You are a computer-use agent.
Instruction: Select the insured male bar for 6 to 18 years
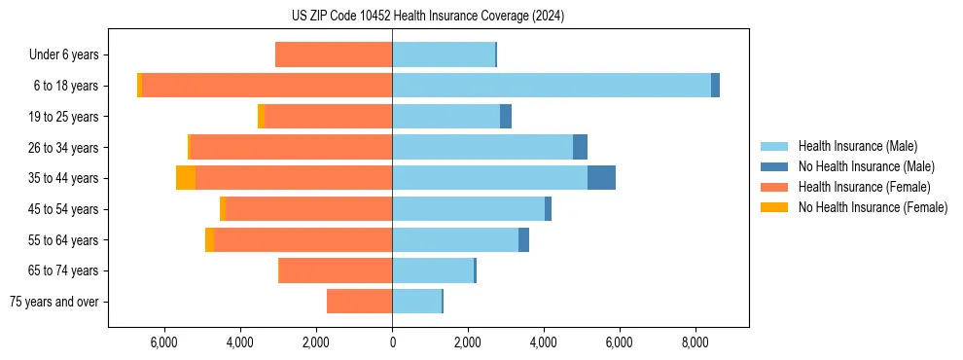point(552,86)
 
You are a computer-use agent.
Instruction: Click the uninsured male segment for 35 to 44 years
point(601,178)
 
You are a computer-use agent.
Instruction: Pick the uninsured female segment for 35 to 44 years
point(186,178)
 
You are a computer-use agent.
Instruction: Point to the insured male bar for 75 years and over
point(416,302)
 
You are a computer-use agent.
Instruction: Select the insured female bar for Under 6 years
point(334,55)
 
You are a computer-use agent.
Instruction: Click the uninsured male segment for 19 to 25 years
point(506,117)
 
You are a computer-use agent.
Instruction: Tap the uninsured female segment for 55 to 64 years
point(209,240)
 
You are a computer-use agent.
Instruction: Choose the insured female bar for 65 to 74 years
point(336,270)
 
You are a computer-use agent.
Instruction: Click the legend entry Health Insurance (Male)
point(857,146)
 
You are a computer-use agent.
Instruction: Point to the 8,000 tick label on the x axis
point(695,342)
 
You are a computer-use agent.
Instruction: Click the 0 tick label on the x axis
point(392,342)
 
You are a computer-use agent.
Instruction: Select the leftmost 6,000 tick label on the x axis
point(164,342)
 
